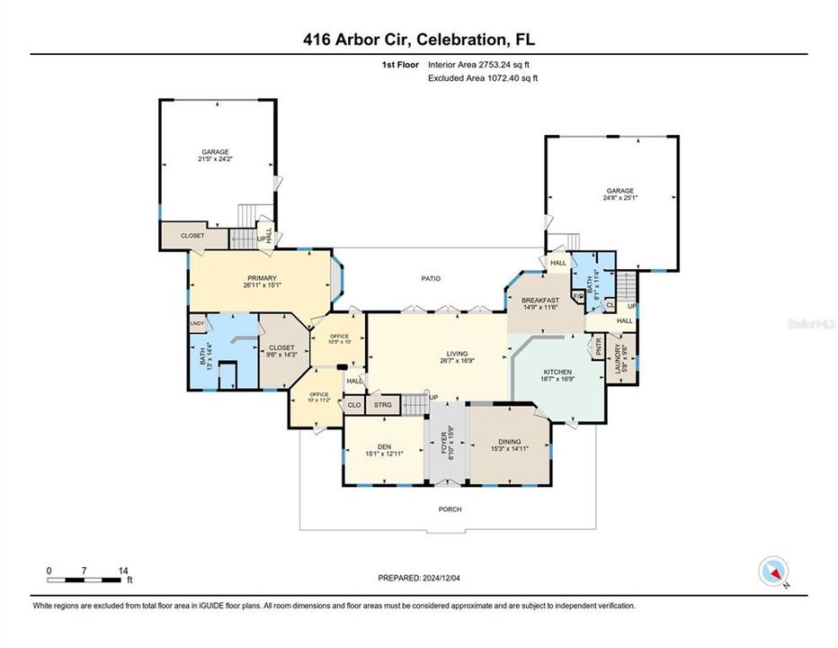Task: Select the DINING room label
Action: [510, 442]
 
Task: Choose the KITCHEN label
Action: [557, 372]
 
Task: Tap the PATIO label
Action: [432, 278]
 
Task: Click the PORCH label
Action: [450, 509]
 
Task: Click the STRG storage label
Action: [384, 405]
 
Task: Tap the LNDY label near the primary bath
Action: [197, 322]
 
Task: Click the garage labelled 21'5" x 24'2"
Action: [215, 155]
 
